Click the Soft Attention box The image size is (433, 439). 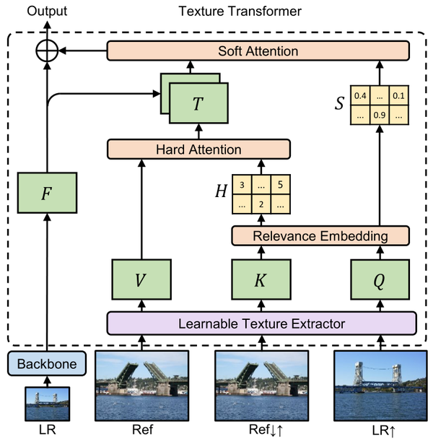(x=258, y=51)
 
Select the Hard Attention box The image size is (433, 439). (x=198, y=149)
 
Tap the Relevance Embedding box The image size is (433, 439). (x=320, y=235)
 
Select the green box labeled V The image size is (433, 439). (x=141, y=279)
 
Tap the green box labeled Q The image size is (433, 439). (x=379, y=279)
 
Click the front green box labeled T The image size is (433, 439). (x=198, y=103)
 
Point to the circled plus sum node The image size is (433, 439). (x=48, y=51)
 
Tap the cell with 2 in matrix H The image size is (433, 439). (x=261, y=204)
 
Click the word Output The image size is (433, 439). (x=48, y=11)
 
